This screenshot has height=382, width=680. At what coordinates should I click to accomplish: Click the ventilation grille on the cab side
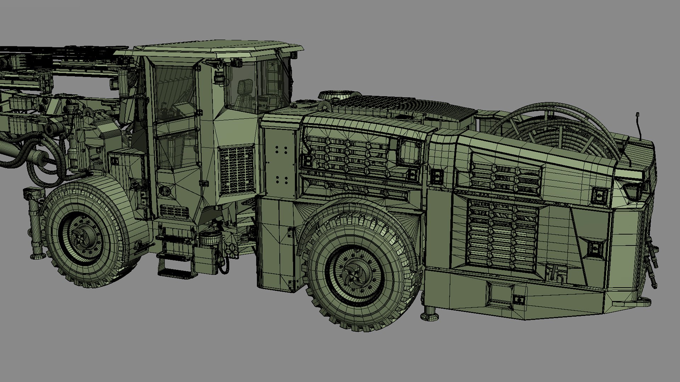coord(237,170)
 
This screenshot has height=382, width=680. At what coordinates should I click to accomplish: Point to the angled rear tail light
coord(634,191)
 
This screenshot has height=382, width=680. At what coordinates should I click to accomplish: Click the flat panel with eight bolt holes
coord(281,164)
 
